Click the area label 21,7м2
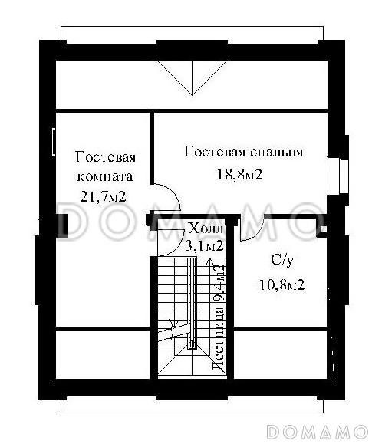coord(103,196)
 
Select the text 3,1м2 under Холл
coord(204,246)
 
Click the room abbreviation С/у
coord(282,261)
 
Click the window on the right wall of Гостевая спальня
coord(336,173)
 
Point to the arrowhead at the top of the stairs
coord(209,264)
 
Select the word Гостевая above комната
coord(105,157)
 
